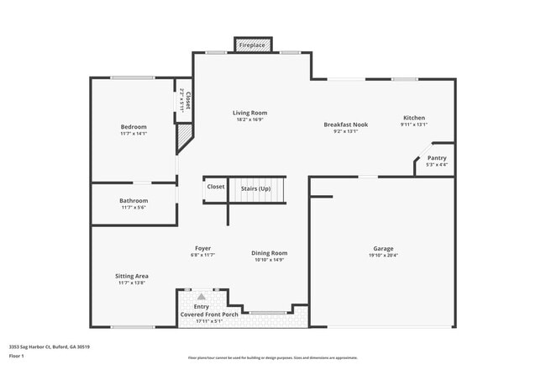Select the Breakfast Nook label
[346, 124]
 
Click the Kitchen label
[414, 118]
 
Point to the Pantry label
[437, 158]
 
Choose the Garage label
[383, 249]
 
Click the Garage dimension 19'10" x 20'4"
[383, 256]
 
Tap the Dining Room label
[269, 253]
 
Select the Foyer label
[202, 248]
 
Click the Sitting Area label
[132, 276]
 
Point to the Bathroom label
[134, 201]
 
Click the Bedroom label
[134, 127]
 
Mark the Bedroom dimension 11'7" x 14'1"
[134, 134]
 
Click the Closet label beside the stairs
[216, 187]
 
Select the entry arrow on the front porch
[201, 296]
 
